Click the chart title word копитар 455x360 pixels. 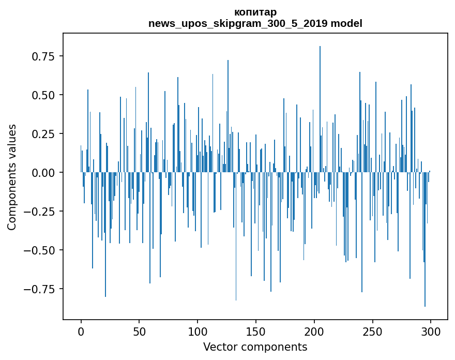coord(255,12)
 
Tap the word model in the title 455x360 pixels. coord(346,23)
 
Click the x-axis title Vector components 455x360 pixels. coord(255,347)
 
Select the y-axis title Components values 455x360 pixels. coord(12,177)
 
